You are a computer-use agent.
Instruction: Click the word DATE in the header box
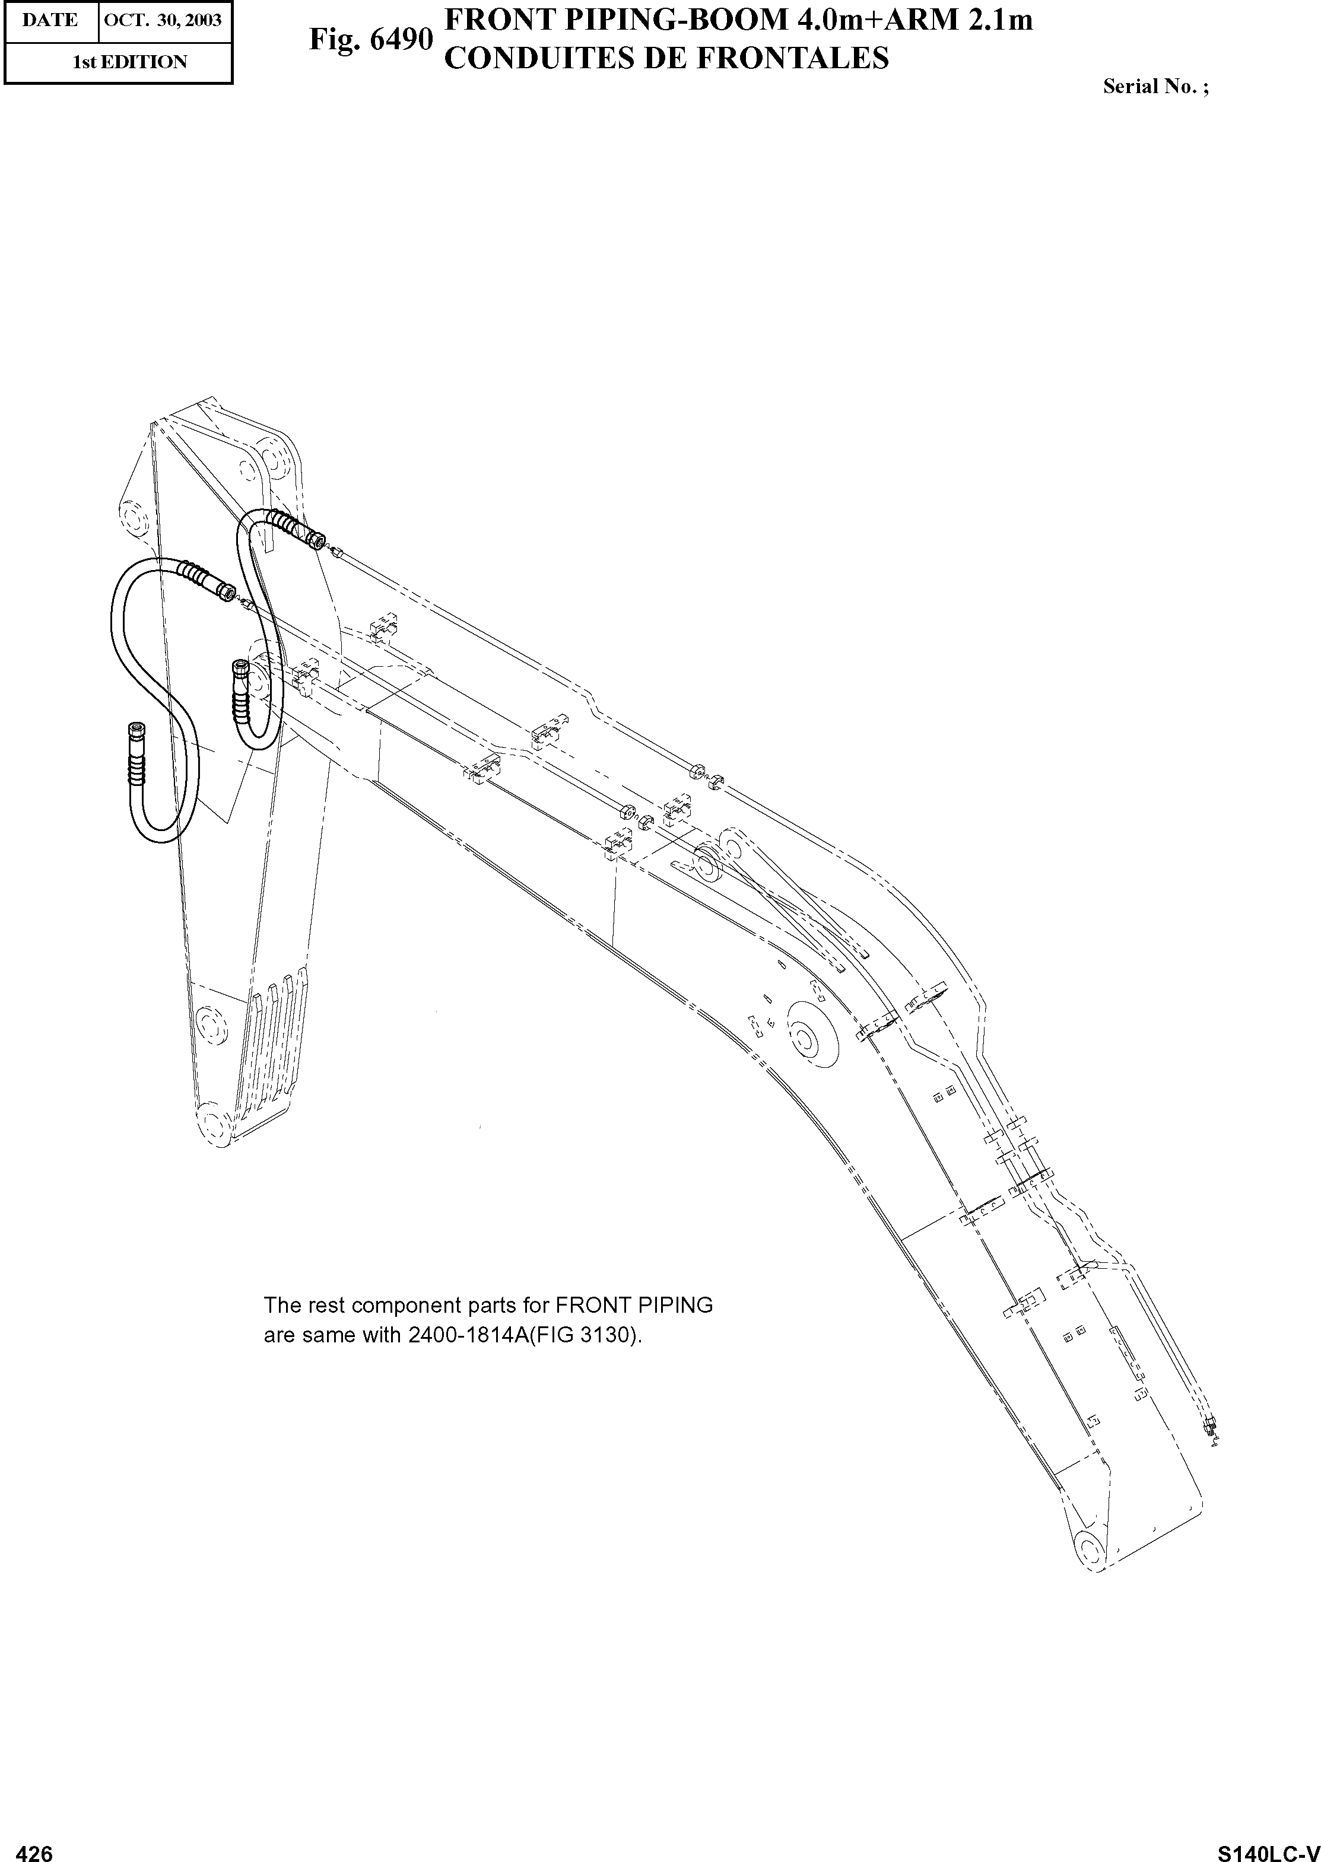[x=50, y=20]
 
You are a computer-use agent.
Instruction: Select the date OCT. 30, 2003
[x=164, y=20]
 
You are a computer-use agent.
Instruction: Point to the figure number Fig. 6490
[x=370, y=39]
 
